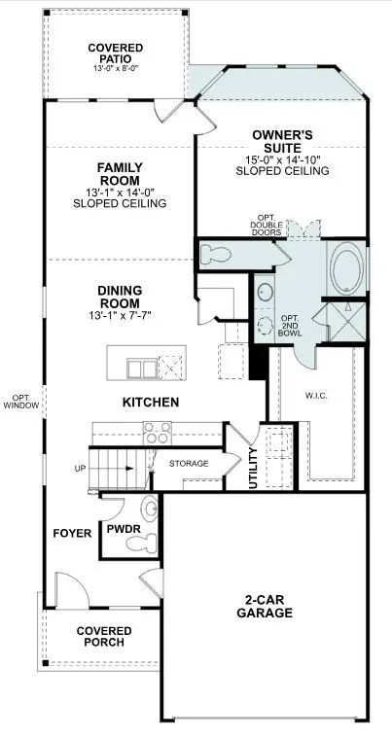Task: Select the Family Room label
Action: pos(120,174)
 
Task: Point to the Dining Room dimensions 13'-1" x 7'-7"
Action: pos(121,315)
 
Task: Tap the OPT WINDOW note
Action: pos(20,401)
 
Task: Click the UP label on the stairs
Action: pos(81,469)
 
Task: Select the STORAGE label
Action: pos(189,464)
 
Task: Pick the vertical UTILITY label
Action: pos(253,467)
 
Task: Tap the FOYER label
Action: pos(73,533)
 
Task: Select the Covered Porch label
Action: pos(104,637)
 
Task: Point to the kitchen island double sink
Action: pos(142,367)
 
